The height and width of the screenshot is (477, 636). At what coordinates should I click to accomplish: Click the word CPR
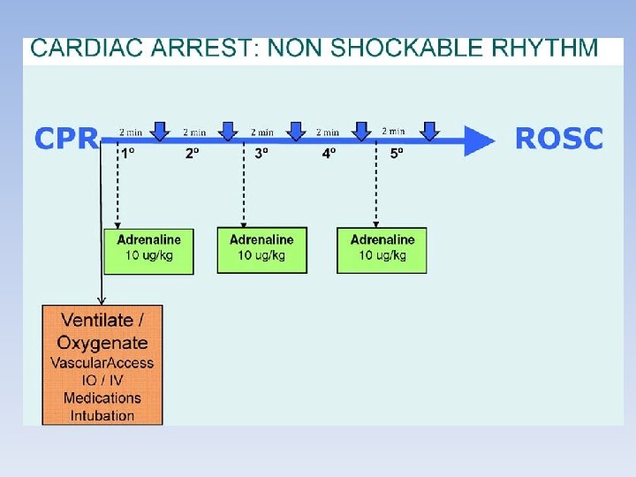(x=66, y=140)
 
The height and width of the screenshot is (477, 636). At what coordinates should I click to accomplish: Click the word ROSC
(x=558, y=139)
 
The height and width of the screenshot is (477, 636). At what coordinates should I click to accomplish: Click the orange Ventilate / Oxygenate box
(x=102, y=364)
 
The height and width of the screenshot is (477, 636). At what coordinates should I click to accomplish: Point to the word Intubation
(x=102, y=415)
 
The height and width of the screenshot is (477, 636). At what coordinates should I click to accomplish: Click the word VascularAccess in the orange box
(x=102, y=363)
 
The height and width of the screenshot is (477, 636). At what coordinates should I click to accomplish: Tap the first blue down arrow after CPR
(x=160, y=131)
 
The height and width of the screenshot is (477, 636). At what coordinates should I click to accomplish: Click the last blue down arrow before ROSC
(x=429, y=131)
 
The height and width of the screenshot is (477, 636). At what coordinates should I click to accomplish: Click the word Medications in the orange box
(x=102, y=397)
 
